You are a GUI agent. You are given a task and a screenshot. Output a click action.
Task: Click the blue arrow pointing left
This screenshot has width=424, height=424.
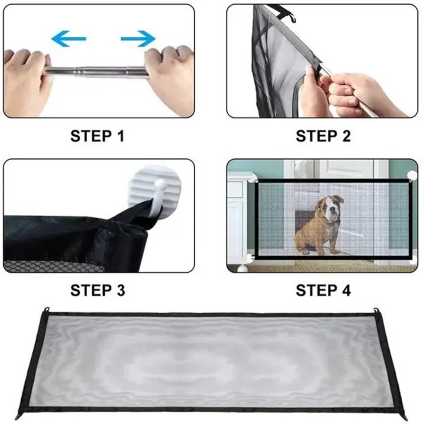[x=69, y=39]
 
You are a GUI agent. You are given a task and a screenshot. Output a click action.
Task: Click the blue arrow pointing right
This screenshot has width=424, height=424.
[x=138, y=39]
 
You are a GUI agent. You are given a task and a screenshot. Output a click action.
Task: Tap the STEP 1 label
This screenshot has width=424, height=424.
[x=97, y=136]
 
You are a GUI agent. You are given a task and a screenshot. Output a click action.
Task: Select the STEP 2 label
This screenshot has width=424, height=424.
[x=323, y=136]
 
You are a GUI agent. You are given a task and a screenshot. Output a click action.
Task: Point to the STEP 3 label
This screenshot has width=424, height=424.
[x=98, y=290]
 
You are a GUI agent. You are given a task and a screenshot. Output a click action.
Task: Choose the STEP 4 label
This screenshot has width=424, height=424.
[x=323, y=290]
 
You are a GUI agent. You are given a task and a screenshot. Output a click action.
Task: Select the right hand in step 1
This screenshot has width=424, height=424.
[x=170, y=78]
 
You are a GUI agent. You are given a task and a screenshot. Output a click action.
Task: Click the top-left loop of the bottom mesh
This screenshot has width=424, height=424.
[x=47, y=310]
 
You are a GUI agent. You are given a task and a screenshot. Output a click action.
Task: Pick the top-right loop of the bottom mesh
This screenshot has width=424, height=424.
[x=376, y=310]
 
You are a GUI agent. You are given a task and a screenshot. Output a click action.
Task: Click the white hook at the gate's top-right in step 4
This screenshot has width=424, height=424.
[x=412, y=175]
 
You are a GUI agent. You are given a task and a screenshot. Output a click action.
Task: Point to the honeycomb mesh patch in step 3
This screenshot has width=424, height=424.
[x=51, y=266]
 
